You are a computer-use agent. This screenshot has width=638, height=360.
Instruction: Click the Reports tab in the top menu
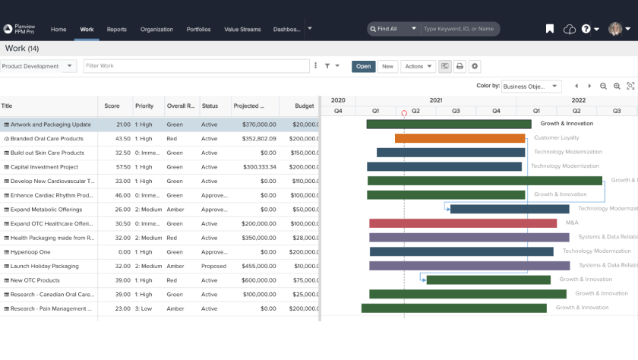pyautogui.click(x=116, y=30)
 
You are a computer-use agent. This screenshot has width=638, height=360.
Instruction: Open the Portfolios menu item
pyautogui.click(x=199, y=30)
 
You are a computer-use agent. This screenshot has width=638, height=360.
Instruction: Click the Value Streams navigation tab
pyautogui.click(x=242, y=30)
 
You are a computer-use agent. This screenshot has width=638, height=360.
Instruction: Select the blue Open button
pyautogui.click(x=364, y=66)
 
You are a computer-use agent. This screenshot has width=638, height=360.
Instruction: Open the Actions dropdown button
pyautogui.click(x=418, y=66)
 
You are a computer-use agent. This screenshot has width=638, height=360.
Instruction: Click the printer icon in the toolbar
pyautogui.click(x=460, y=66)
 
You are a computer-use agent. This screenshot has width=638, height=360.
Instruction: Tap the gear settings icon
pyautogui.click(x=475, y=66)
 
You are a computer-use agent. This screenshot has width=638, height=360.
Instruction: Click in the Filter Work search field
pyautogui.click(x=196, y=66)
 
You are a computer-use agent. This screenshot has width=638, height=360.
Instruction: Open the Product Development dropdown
pyautogui.click(x=39, y=66)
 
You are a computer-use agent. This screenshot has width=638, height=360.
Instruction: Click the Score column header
pyautogui.click(x=112, y=106)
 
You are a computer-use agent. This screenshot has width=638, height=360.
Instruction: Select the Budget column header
pyautogui.click(x=304, y=106)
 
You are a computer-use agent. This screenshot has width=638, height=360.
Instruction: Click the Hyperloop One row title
pyautogui.click(x=30, y=252)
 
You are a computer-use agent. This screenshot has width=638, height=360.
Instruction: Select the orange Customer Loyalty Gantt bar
pyautogui.click(x=460, y=138)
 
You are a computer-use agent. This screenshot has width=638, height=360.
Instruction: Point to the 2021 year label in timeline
pyautogui.click(x=435, y=100)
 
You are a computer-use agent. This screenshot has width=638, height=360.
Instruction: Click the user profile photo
pyautogui.click(x=614, y=29)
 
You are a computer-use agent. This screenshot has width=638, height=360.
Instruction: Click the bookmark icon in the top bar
pyautogui.click(x=550, y=29)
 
